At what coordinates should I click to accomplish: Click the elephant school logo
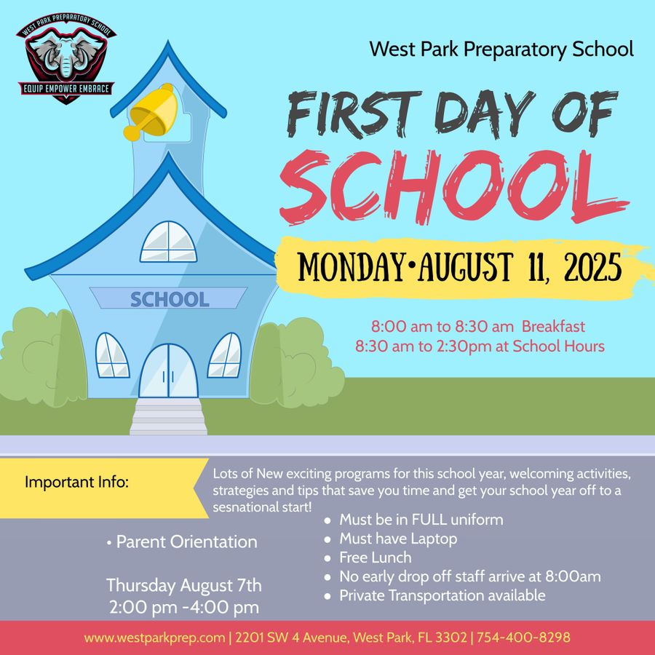[66, 61]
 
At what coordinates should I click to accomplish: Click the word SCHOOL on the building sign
[169, 299]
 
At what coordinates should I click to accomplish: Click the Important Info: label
[76, 482]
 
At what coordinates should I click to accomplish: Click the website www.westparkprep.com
[154, 638]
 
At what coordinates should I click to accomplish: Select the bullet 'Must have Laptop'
[398, 539]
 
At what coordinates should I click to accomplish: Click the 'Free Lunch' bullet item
[375, 558]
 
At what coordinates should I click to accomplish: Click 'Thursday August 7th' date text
[184, 585]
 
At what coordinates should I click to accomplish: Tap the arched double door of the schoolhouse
[169, 371]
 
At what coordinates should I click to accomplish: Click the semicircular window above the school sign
[168, 243]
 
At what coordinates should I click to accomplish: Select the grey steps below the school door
[169, 418]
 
